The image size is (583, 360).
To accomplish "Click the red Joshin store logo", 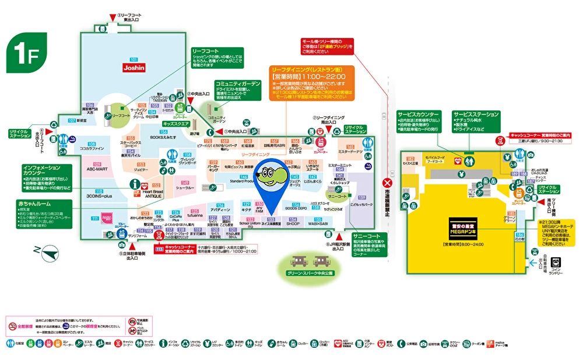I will pyautogui.click(x=134, y=68).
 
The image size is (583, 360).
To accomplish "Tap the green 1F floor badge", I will pyautogui.click(x=23, y=52).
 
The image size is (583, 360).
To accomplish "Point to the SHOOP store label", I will pyautogui.click(x=293, y=223).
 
